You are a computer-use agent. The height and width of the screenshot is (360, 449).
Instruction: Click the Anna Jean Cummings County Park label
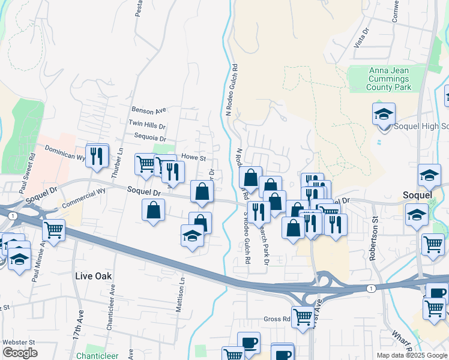[x=389, y=79]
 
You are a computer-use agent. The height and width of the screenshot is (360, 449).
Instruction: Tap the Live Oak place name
[x=94, y=275]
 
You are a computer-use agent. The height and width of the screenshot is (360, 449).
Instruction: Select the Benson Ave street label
[x=148, y=110]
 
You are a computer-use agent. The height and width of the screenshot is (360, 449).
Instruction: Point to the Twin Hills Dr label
[x=146, y=124]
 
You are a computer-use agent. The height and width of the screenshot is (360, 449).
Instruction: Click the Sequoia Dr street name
[x=146, y=139]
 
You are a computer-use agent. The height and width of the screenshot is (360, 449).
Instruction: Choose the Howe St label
[x=194, y=158]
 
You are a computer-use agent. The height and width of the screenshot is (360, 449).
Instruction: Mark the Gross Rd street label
[x=277, y=319]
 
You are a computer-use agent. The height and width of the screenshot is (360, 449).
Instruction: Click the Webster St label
[x=19, y=342]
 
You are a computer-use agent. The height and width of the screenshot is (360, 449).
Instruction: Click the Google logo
[x=20, y=353]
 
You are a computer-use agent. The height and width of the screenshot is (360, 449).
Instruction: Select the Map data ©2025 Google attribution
[x=412, y=355]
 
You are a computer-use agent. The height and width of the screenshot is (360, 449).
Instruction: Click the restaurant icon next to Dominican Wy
[x=96, y=155]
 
